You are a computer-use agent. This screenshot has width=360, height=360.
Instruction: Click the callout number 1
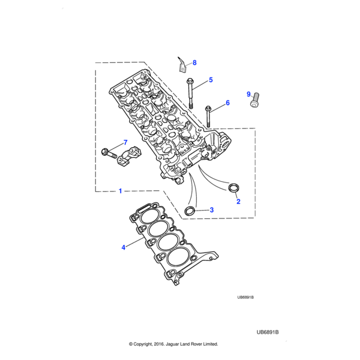tap(120, 191)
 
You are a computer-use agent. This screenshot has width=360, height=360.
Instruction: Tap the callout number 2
tap(238, 202)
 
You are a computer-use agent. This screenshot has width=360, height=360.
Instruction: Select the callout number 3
tap(211, 210)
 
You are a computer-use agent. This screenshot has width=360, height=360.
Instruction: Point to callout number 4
tap(124, 247)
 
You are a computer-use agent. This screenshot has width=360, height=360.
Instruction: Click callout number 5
tap(211, 80)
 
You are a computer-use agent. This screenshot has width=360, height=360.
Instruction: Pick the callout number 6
tap(227, 103)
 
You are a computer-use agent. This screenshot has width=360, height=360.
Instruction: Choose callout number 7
tap(125, 142)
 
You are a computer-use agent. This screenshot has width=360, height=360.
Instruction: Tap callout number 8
tap(194, 62)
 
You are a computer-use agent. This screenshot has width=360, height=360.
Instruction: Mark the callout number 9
tap(248, 94)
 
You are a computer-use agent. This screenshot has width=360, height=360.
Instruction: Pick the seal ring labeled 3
tap(190, 210)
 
